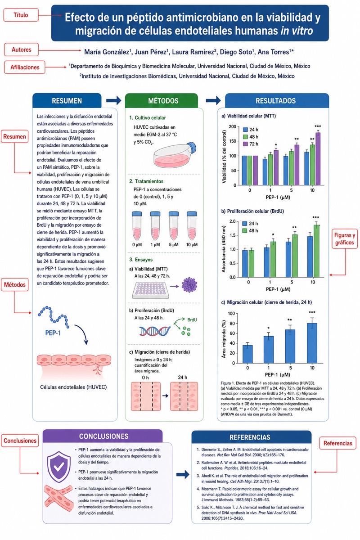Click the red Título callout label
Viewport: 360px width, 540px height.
coord(21,15)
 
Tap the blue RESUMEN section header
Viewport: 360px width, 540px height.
coord(67,100)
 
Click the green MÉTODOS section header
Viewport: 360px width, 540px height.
coord(163,100)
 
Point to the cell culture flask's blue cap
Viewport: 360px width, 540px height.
coord(192,147)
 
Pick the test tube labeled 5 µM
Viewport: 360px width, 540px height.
coord(174,225)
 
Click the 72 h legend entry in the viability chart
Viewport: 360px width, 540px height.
coord(251,144)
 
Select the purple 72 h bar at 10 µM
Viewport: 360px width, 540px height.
coord(318,159)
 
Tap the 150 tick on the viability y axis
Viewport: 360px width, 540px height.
coord(233,141)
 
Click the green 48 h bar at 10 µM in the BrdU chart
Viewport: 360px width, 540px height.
coord(317,251)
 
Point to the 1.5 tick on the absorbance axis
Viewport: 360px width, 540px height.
coord(233,235)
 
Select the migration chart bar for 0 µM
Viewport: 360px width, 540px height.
coord(247,354)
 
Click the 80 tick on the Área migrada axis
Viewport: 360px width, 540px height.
coord(232,324)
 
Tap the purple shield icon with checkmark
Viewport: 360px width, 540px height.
coord(59,467)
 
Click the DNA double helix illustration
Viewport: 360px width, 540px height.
coord(155,331)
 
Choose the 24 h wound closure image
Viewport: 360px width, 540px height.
coord(184,396)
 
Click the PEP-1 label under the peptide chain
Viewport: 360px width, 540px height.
coord(53,333)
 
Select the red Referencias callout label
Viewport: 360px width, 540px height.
coord(337,443)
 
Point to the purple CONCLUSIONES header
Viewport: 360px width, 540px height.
coord(103,436)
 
